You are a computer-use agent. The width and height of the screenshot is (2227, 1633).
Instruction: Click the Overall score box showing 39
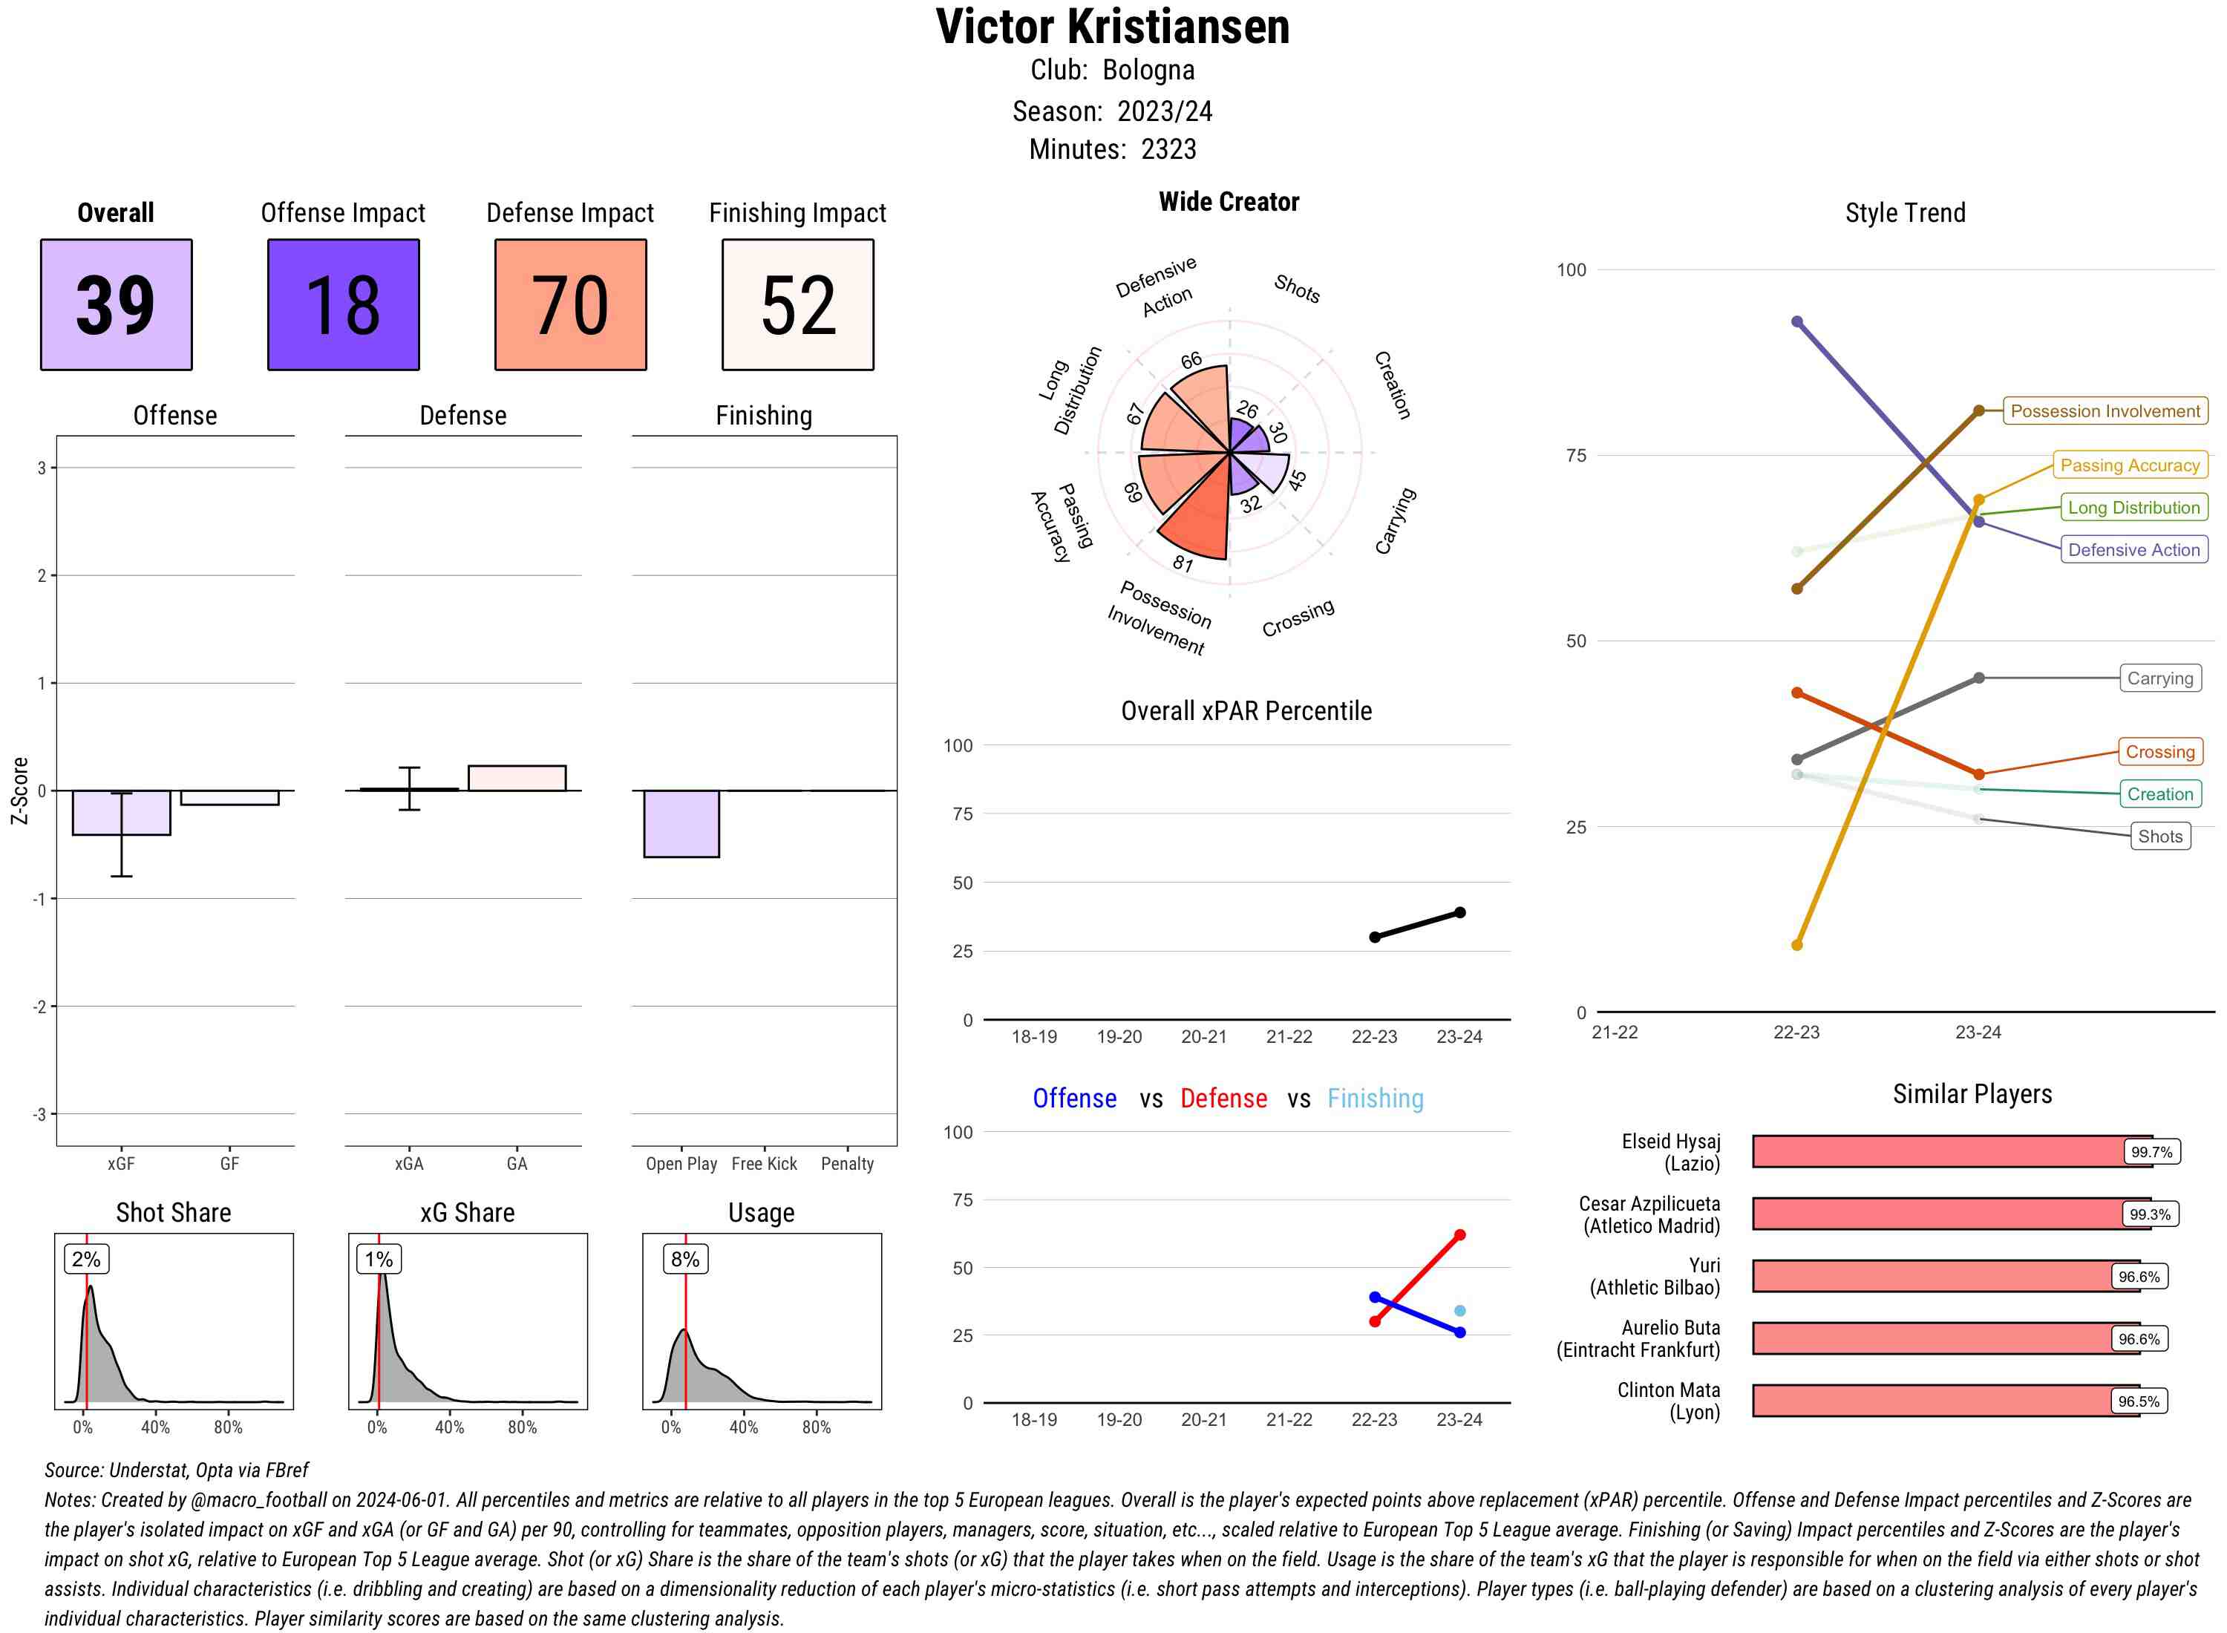point(116,304)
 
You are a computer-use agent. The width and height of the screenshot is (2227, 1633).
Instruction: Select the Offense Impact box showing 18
point(343,304)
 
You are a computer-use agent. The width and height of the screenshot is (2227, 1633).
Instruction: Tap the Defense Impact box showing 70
point(570,304)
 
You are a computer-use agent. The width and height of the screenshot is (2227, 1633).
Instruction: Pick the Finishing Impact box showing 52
point(798,304)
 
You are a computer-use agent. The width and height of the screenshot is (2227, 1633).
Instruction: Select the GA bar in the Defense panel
point(517,778)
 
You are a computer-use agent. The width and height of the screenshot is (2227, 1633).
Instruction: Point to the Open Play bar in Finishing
point(681,823)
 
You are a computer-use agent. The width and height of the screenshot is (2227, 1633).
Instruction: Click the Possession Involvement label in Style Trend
point(2105,411)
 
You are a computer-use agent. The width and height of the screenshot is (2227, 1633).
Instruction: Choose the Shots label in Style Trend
point(2159,837)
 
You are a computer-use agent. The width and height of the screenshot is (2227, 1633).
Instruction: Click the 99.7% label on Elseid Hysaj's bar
point(2151,1151)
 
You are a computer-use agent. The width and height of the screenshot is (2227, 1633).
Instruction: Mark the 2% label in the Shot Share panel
point(86,1260)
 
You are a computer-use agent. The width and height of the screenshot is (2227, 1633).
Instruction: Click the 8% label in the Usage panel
point(685,1260)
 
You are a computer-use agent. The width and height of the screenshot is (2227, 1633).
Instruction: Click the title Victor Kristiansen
point(1112,27)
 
